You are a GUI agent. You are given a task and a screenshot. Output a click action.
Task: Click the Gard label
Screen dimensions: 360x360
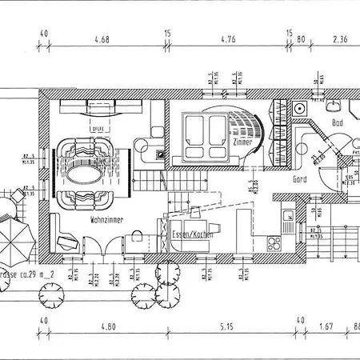(301, 180)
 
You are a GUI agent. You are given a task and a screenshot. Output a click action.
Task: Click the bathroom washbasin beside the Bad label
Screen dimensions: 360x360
(334, 104)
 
